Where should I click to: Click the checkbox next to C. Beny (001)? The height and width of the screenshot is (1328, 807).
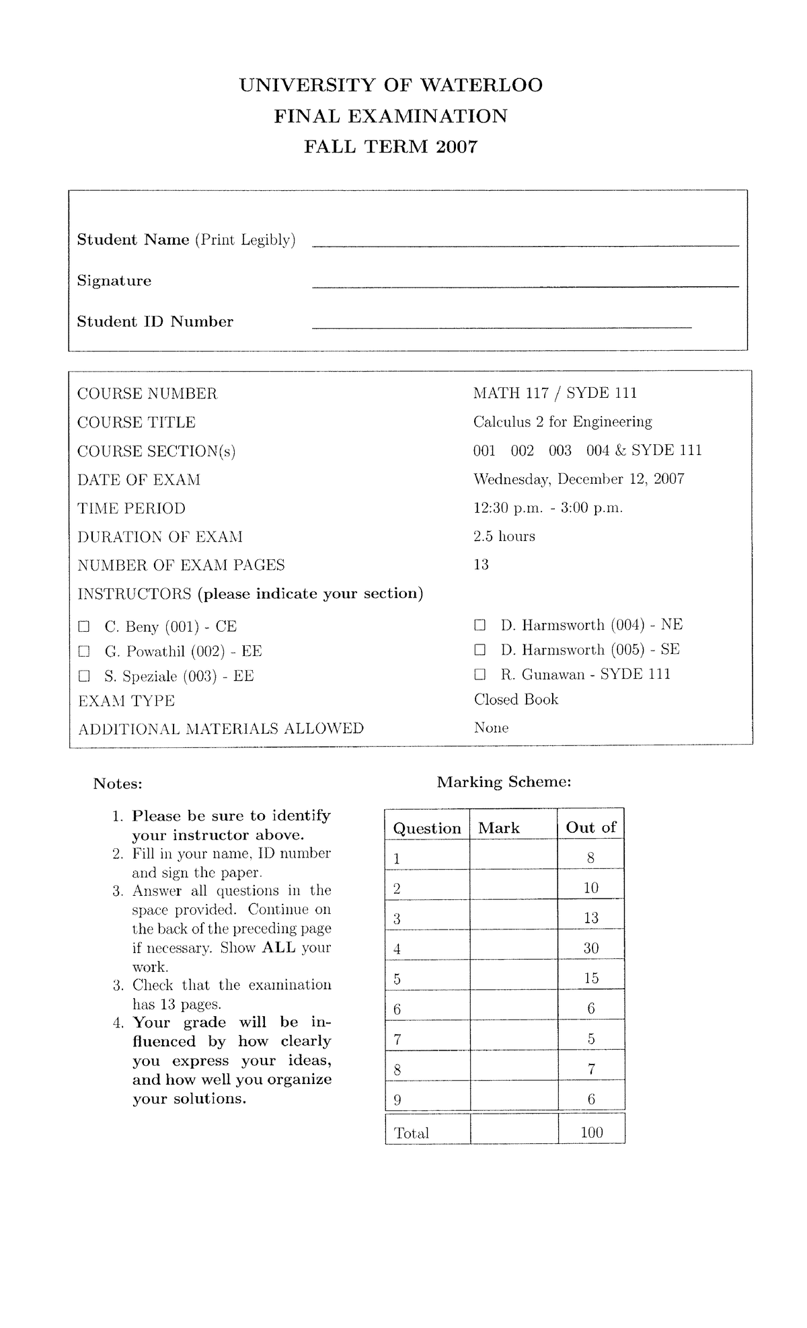click(83, 627)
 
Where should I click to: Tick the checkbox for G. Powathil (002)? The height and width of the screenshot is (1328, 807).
click(83, 651)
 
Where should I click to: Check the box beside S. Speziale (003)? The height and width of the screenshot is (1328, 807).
click(83, 675)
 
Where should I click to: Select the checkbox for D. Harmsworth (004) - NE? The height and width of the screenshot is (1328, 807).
click(479, 625)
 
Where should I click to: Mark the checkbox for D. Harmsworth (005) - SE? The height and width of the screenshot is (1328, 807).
click(479, 650)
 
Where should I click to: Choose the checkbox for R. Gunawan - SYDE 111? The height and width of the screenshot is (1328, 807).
click(479, 674)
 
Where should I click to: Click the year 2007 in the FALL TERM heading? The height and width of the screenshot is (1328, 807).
click(456, 147)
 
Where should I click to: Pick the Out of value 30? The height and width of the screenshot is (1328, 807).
click(591, 948)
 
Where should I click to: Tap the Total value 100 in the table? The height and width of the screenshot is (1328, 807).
click(592, 1132)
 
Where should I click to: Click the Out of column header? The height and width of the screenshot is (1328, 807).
click(590, 827)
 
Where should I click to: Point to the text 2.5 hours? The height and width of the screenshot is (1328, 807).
click(504, 536)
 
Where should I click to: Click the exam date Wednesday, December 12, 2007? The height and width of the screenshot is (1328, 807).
click(578, 479)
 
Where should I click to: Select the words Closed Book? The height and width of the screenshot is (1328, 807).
click(516, 700)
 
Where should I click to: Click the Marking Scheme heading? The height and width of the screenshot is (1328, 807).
click(504, 782)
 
